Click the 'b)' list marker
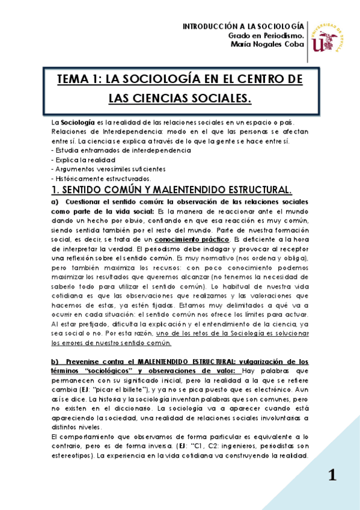click(x=55, y=361)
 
